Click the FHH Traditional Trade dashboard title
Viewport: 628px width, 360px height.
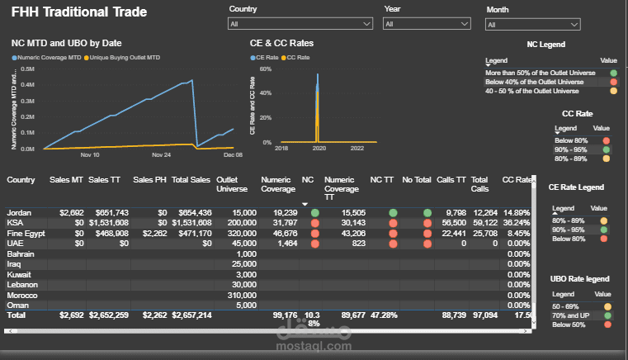tap(79, 12)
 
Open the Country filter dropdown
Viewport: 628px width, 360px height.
tap(300, 25)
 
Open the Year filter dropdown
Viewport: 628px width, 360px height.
tap(429, 25)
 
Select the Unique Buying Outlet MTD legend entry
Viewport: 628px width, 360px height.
tap(123, 58)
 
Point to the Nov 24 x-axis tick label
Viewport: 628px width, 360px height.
tap(162, 154)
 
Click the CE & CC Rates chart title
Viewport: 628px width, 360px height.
tap(281, 43)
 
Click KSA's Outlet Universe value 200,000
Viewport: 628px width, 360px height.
tap(239, 223)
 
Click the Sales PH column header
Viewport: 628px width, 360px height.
tap(149, 179)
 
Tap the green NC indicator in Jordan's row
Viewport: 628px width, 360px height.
tap(314, 213)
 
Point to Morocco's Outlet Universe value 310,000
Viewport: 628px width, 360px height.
tap(239, 295)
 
